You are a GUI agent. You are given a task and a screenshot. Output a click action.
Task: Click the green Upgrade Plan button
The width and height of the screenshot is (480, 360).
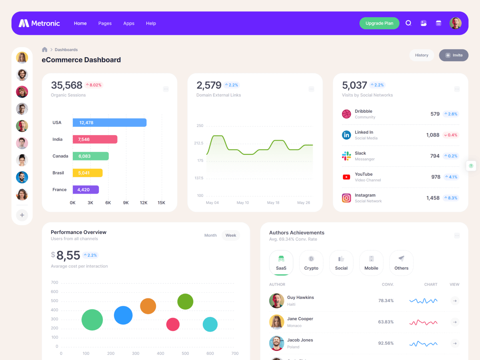pyautogui.click(x=379, y=23)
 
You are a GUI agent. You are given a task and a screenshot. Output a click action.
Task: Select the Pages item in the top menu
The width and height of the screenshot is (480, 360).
pyautogui.click(x=105, y=23)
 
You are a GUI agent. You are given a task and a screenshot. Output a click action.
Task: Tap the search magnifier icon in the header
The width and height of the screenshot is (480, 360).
pyautogui.click(x=408, y=23)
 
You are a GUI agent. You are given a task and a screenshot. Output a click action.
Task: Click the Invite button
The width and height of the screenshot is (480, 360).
pyautogui.click(x=454, y=55)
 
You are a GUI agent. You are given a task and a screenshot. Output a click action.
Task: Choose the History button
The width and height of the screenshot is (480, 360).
pyautogui.click(x=422, y=55)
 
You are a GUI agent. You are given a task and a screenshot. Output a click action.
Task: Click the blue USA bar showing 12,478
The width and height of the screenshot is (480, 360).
pyautogui.click(x=109, y=122)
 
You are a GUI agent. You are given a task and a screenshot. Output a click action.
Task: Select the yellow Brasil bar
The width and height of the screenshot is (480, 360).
pyautogui.click(x=87, y=173)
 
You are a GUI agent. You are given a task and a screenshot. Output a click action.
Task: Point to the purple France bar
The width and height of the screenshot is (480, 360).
pyautogui.click(x=85, y=190)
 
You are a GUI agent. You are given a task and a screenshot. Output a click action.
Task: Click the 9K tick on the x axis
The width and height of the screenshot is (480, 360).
pyautogui.click(x=126, y=203)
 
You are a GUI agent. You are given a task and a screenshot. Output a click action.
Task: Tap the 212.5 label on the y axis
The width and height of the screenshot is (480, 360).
pyautogui.click(x=199, y=143)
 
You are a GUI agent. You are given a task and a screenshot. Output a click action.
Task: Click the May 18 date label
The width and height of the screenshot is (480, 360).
pyautogui.click(x=273, y=203)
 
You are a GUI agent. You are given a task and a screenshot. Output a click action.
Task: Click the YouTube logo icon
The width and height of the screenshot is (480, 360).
pyautogui.click(x=346, y=177)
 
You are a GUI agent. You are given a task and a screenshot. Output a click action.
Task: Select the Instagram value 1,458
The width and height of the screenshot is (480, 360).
pyautogui.click(x=433, y=198)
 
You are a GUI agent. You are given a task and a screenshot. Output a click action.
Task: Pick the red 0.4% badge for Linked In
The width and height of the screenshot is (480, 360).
pyautogui.click(x=450, y=135)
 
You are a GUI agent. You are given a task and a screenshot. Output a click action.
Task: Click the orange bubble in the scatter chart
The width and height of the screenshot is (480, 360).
pyautogui.click(x=148, y=306)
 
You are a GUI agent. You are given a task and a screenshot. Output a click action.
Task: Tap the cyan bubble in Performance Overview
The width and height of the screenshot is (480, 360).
pyautogui.click(x=210, y=324)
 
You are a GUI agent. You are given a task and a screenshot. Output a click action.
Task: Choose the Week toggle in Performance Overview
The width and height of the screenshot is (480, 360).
pyautogui.click(x=231, y=235)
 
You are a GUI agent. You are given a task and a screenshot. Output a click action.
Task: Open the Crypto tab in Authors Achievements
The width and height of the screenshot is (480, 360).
pyautogui.click(x=311, y=263)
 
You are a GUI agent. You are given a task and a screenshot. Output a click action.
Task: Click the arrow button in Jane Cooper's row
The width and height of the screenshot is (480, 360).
pyautogui.click(x=455, y=322)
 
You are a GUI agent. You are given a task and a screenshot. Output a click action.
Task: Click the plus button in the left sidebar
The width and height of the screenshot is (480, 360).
pyautogui.click(x=22, y=215)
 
